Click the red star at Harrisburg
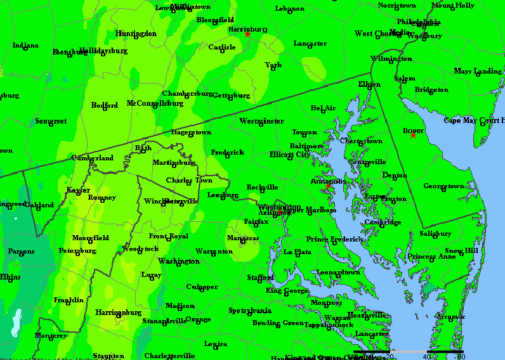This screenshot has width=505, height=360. pos(247,34)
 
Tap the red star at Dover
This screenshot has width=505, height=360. pos(413,136)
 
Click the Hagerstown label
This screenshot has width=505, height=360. pos(190,132)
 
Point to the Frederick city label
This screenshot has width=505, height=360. pos(227,153)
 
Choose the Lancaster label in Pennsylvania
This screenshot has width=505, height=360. pos(310,44)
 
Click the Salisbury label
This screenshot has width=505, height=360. pos(435,234)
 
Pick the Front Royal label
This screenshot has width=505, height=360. pos(168,236)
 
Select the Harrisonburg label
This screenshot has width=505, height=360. pos(118,312)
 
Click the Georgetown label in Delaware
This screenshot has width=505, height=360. pos(444,186)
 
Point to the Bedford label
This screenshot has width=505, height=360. pos(105,106)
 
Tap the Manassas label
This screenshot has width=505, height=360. pos(243,238)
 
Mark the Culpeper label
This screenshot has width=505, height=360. pos(202,287)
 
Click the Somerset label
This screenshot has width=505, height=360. pos(51,121)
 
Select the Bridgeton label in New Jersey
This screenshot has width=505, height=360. pos(431,90)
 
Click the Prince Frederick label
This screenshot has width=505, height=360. pos(334,240)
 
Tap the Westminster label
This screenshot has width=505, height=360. pos(261,121)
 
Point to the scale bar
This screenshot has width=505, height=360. pos(409,351)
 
